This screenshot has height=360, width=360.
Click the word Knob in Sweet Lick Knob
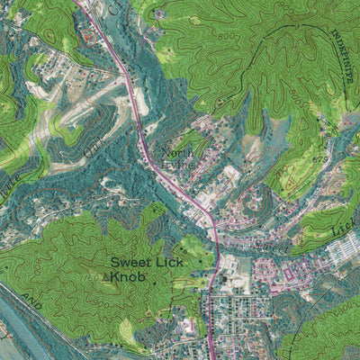pos(127,278)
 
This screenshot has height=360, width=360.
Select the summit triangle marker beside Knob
pos(106,280)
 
